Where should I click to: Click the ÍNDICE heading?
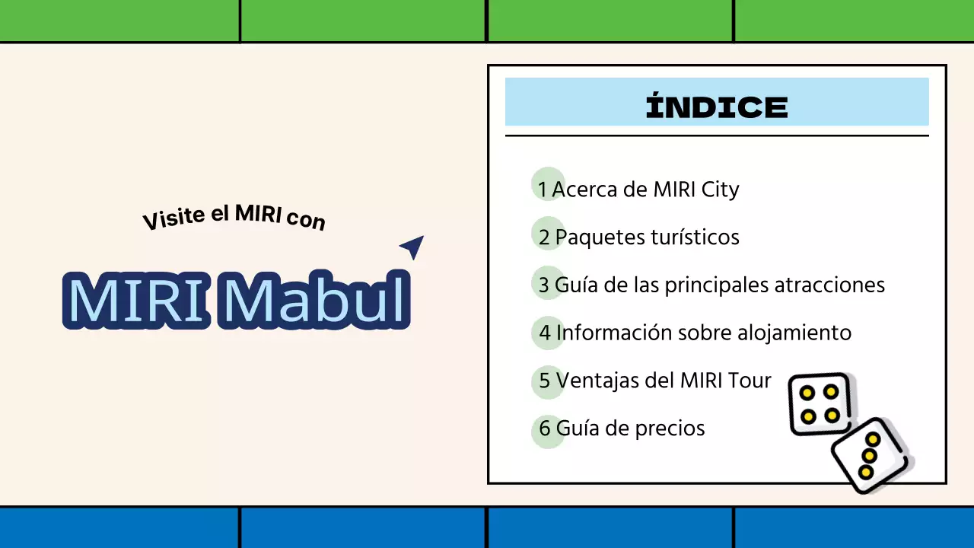[x=717, y=107]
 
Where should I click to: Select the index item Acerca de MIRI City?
[x=645, y=189]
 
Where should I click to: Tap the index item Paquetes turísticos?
[x=647, y=237]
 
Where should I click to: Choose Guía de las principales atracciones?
[x=719, y=285]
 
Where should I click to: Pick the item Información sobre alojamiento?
[x=703, y=333]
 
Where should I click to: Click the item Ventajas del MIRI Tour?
[x=664, y=380]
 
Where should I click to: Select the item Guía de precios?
[x=630, y=428]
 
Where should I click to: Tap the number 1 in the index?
[x=543, y=190]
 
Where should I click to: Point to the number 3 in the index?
[x=543, y=285]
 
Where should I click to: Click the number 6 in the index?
[x=544, y=429]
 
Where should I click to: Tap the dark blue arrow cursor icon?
[x=412, y=246]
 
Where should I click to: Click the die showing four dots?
[x=820, y=403]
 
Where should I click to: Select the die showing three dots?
[x=870, y=456]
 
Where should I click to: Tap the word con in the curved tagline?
[x=306, y=220]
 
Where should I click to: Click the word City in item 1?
[x=718, y=189]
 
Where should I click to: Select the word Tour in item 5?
[x=750, y=380]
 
